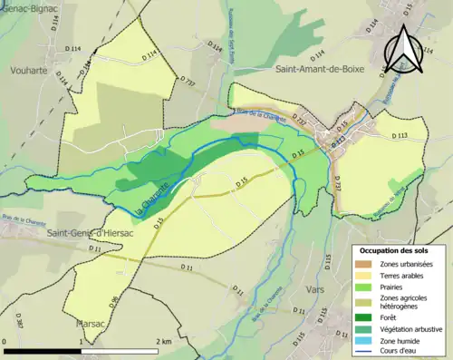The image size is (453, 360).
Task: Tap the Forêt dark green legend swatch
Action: (x=365, y=315)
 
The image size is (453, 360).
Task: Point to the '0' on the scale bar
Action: (x=5, y=342)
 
